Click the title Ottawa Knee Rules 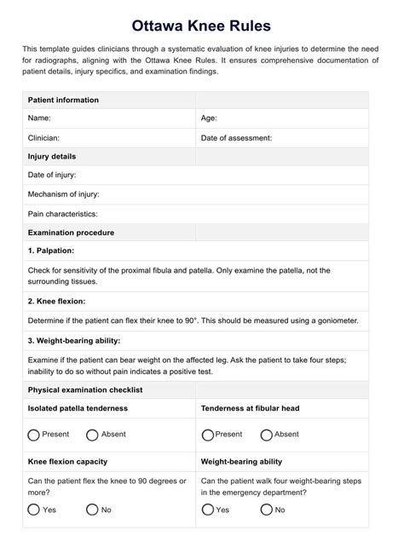click(201, 27)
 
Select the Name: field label click(39, 118)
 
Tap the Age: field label click(209, 118)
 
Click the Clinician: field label click(44, 137)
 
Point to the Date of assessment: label click(236, 137)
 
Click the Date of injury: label click(52, 175)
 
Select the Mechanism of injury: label click(64, 194)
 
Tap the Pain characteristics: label click(62, 214)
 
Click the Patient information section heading click(63, 100)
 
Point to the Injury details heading click(52, 157)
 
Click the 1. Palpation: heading click(51, 251)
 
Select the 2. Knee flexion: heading click(56, 301)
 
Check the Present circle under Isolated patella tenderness click(34, 435)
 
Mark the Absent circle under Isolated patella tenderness click(92, 435)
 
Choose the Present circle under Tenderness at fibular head click(207, 435)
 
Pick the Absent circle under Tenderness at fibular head click(266, 435)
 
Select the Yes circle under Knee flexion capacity click(34, 510)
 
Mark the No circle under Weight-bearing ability click(266, 510)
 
